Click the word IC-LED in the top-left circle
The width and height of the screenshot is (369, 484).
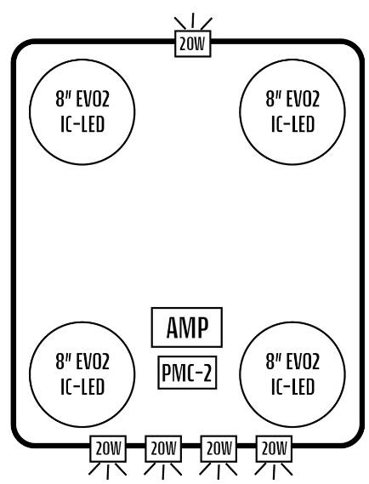(82, 124)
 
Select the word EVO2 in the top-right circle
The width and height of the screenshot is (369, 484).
(303, 99)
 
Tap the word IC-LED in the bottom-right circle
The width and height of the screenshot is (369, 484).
(292, 387)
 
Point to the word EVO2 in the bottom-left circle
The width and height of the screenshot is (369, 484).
(92, 362)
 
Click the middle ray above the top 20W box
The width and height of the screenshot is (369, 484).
(193, 20)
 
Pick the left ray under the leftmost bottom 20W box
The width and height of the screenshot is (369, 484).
(94, 469)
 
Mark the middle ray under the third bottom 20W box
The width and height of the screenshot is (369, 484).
(219, 472)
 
